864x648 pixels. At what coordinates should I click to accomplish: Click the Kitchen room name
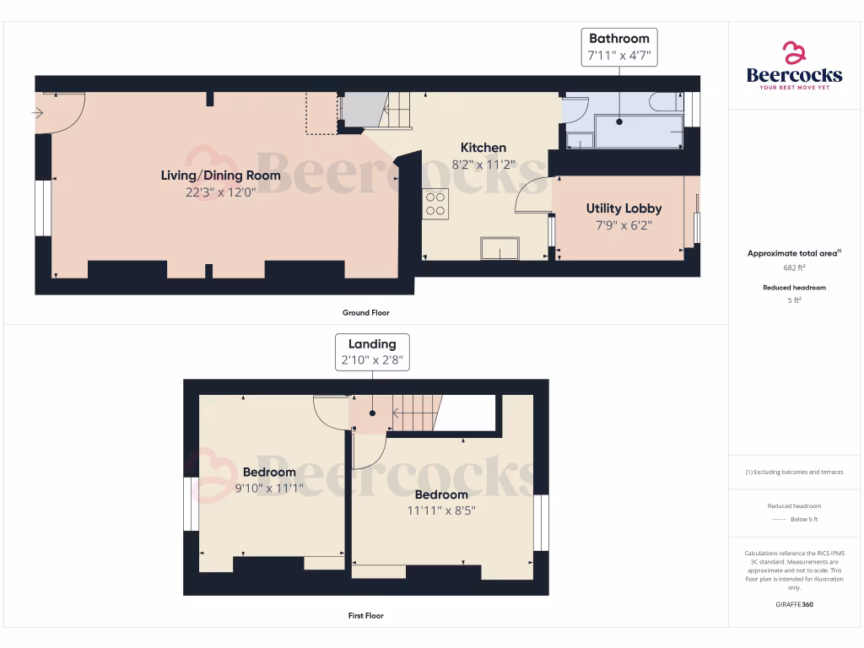[x=483, y=148]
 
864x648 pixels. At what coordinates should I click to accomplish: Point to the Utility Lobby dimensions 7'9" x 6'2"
[x=624, y=225]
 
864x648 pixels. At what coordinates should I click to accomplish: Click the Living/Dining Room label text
[x=220, y=175]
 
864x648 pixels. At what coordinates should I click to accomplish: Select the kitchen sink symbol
[x=500, y=249]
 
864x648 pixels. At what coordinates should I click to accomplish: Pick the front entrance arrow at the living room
[x=37, y=112]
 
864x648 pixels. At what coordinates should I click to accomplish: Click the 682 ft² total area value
[x=794, y=267]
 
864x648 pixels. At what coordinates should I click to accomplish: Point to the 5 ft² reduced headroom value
[x=794, y=300]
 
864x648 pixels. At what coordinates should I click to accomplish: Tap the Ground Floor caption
[x=366, y=313]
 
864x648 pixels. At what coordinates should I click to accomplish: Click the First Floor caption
[x=366, y=616]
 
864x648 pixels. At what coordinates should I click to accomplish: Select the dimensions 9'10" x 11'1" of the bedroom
[x=270, y=488]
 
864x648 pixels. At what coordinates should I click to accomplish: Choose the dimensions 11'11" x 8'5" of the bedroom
[x=441, y=510]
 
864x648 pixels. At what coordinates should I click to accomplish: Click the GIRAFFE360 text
[x=794, y=604]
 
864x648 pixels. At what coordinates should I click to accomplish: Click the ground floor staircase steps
[x=398, y=110]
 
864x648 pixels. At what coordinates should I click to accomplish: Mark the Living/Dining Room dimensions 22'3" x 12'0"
[x=220, y=192]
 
